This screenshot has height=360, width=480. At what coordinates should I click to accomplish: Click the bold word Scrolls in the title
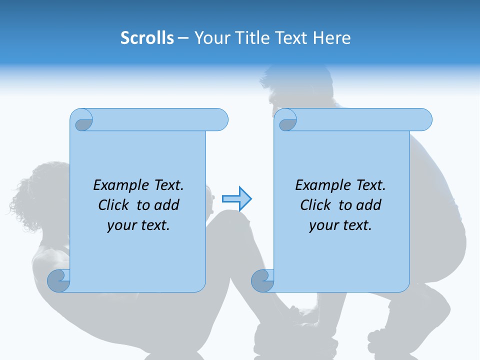(x=147, y=38)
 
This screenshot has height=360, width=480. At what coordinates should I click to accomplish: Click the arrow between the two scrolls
(x=236, y=199)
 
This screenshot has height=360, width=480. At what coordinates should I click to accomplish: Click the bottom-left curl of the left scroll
(x=58, y=280)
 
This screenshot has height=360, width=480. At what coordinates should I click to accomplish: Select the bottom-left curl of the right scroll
(x=262, y=280)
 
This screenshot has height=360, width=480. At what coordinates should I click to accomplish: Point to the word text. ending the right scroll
(x=357, y=225)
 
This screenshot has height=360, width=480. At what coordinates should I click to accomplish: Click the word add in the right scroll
(x=368, y=205)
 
